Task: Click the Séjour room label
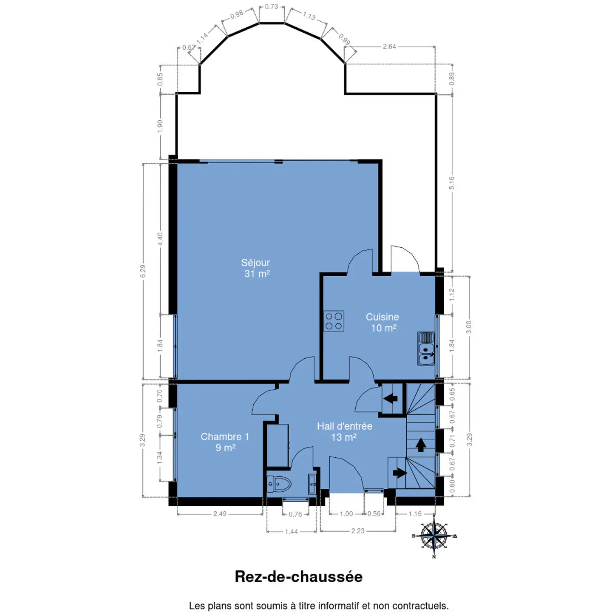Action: (255, 268)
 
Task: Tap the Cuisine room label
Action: (382, 322)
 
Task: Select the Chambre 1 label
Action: (225, 442)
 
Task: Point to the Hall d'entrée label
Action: (344, 432)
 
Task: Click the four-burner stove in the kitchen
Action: (334, 321)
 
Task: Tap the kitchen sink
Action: (426, 348)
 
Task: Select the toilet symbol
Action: (279, 484)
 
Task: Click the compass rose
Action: (434, 536)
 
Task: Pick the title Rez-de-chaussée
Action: (298, 576)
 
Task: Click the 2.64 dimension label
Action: (389, 47)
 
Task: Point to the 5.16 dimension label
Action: (452, 183)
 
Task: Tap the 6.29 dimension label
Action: (143, 271)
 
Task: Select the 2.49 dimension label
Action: (220, 514)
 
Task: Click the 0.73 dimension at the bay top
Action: (272, 6)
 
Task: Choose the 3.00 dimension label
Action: (469, 327)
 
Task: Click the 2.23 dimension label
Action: (357, 531)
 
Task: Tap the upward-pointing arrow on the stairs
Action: (421, 445)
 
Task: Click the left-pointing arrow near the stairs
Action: (391, 398)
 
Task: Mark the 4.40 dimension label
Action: (160, 239)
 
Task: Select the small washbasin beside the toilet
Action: (312, 484)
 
